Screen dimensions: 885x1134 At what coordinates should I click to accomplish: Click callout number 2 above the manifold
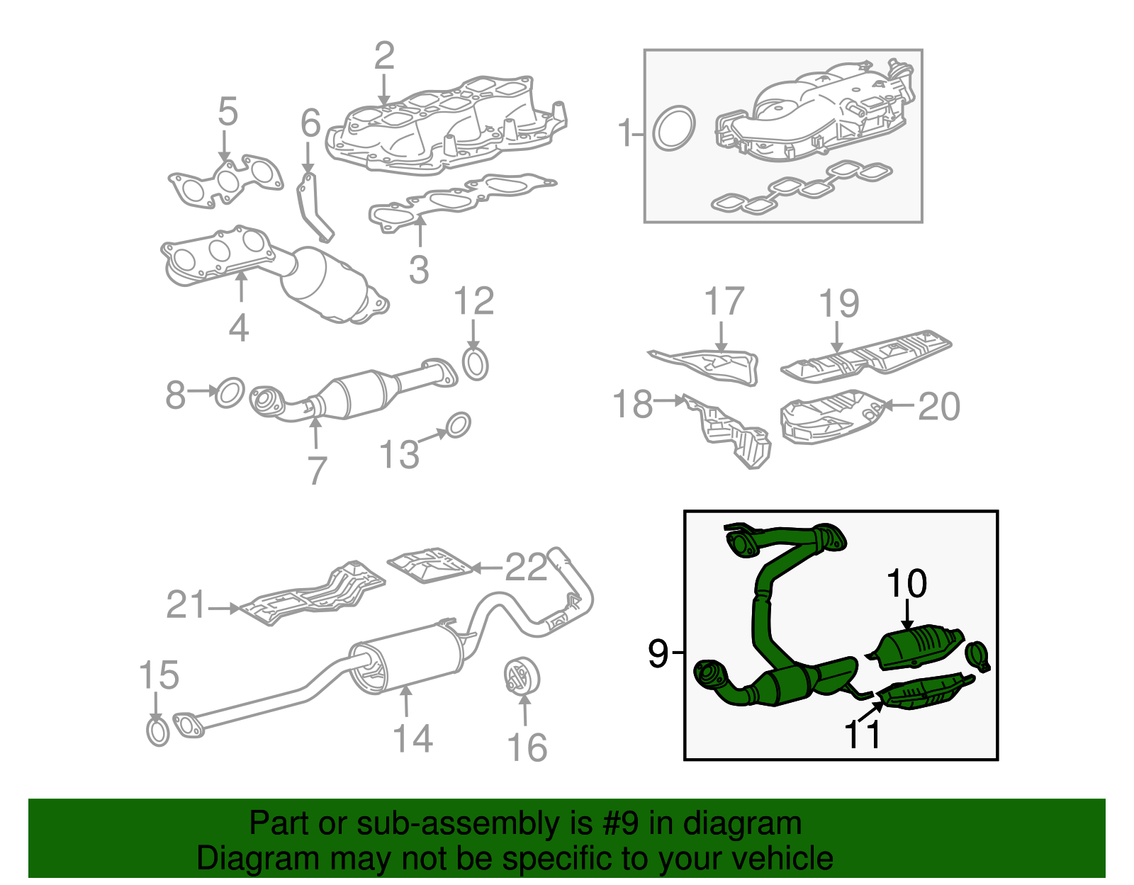pyautogui.click(x=383, y=56)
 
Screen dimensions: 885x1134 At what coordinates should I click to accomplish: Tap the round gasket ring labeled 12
pyautogui.click(x=476, y=364)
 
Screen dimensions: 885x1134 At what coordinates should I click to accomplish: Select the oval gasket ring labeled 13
pyautogui.click(x=458, y=424)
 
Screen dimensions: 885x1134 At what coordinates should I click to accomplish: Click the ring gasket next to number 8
pyautogui.click(x=230, y=393)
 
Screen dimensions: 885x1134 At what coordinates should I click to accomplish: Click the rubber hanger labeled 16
pyautogui.click(x=522, y=676)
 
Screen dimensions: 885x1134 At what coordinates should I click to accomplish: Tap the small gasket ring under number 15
pyautogui.click(x=157, y=731)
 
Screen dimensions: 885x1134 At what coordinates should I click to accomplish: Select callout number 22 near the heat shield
pyautogui.click(x=525, y=567)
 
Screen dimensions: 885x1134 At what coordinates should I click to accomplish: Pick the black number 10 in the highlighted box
pyautogui.click(x=906, y=584)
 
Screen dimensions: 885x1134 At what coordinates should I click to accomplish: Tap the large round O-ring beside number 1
pyautogui.click(x=673, y=128)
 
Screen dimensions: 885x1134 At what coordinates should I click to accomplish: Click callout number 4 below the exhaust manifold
pyautogui.click(x=239, y=327)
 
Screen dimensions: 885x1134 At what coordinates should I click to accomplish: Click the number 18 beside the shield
pyautogui.click(x=632, y=405)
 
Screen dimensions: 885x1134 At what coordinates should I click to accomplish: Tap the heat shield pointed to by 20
pyautogui.click(x=829, y=418)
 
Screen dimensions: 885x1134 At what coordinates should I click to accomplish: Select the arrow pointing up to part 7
pyautogui.click(x=315, y=432)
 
